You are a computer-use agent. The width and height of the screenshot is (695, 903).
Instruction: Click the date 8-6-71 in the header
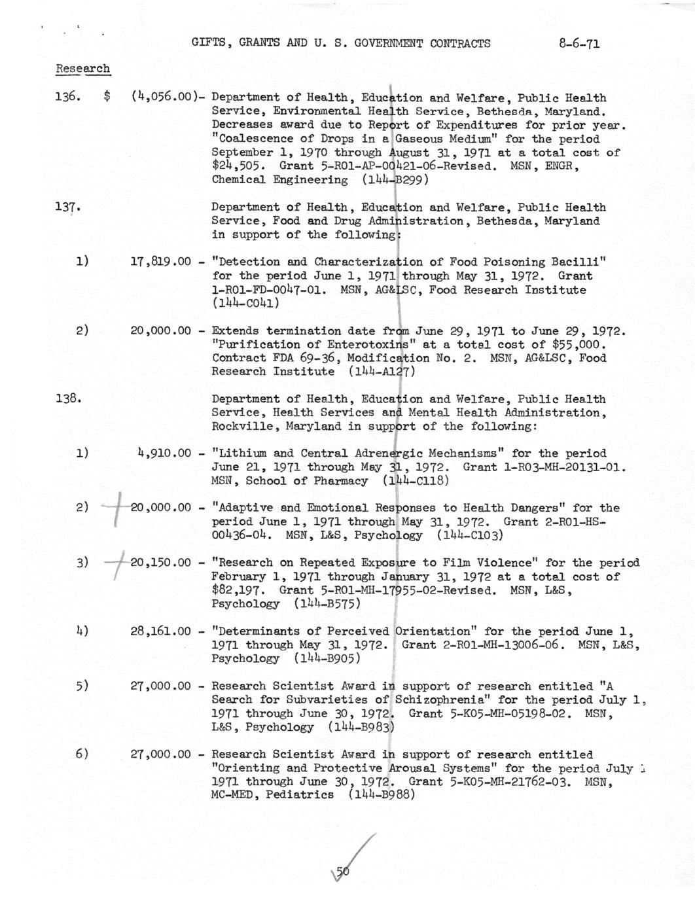pos(580,44)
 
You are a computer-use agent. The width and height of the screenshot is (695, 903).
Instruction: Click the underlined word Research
pos(82,69)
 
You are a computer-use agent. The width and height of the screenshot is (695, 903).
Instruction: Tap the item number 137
pos(68,207)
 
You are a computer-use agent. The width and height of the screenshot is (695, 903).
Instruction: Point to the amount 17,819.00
pos(160,262)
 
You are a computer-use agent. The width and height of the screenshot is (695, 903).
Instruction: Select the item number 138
pos(68,398)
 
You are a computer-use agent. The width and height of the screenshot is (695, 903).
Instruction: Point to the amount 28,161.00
pos(160,631)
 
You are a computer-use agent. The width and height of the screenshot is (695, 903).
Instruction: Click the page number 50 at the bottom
pos(343,871)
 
